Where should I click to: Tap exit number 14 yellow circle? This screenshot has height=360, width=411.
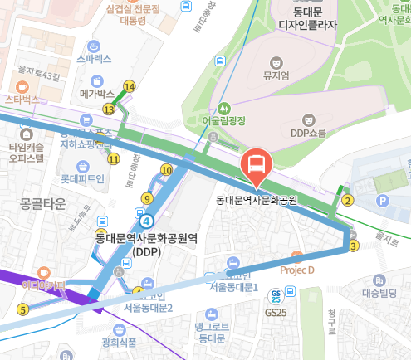coord(129,86)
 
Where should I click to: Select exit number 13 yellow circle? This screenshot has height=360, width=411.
coord(109,109)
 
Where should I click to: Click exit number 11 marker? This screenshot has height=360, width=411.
coord(113,158)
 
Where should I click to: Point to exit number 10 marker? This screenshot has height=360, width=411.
coord(166,170)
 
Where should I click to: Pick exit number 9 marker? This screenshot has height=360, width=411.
coord(147,197)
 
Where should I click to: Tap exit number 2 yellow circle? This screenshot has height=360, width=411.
coord(348,199)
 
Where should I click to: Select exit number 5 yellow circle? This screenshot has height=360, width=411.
coord(22,309)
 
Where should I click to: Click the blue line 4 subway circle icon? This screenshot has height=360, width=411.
coord(147,221)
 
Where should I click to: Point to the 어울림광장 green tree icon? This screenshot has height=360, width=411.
coord(223,109)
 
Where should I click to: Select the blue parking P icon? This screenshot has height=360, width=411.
coord(383,201)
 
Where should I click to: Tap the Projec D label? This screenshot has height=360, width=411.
coord(297,270)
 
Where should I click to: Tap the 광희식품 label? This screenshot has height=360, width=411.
coord(120,341)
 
